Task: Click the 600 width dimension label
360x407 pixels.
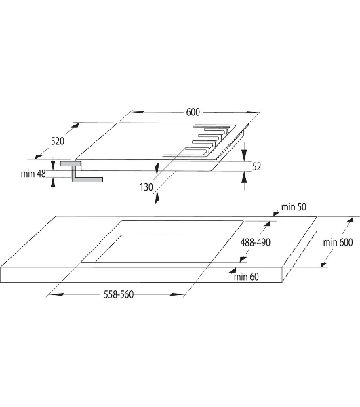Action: coord(193,112)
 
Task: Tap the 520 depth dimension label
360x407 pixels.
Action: coord(58,142)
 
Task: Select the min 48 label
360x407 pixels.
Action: coord(33,174)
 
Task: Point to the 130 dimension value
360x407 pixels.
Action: coord(146,187)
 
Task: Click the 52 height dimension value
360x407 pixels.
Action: coord(256,167)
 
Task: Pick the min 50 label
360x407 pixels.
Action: coord(294,207)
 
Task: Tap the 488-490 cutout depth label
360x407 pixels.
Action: coord(256,242)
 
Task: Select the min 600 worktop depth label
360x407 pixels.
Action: coord(338,243)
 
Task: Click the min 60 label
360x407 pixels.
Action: coord(246,277)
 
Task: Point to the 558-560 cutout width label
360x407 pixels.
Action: coord(119,294)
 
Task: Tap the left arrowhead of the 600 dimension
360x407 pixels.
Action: coord(138,112)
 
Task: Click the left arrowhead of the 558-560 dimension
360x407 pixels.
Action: coord(56,294)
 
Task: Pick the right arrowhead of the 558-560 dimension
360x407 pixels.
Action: coord(176,294)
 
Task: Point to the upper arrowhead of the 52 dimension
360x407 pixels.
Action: coord(244,155)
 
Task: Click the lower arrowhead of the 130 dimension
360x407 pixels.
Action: coord(157,198)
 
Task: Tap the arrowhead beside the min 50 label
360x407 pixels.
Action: coord(276,214)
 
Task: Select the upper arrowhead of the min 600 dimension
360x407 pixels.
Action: coord(350,220)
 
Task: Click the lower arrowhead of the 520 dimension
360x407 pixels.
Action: coord(38,156)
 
